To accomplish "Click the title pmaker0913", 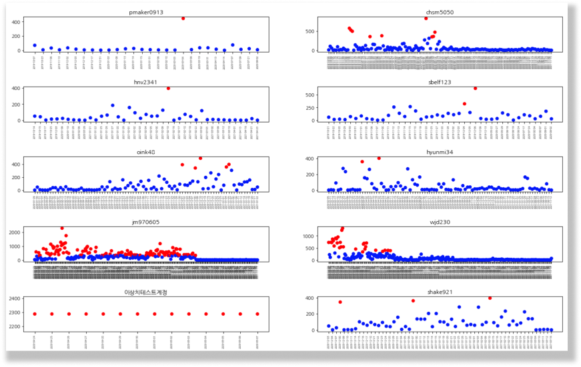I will click(x=145, y=12).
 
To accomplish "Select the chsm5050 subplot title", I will click(x=440, y=12).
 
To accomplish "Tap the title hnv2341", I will click(x=145, y=82).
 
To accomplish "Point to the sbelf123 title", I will click(x=440, y=82).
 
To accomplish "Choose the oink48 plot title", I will click(x=145, y=152).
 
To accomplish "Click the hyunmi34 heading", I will click(x=440, y=152).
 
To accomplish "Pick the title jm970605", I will click(x=145, y=222).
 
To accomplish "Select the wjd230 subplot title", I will click(x=440, y=222).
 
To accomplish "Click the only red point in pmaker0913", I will click(x=183, y=18).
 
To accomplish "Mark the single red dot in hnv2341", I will click(x=168, y=88).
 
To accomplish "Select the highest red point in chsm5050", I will click(x=426, y=18).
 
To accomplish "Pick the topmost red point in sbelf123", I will click(x=475, y=88).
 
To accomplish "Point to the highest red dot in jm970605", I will click(x=62, y=228).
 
